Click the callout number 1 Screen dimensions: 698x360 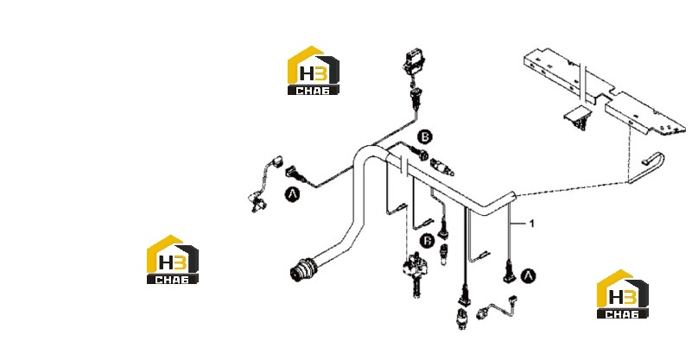[x=531, y=224]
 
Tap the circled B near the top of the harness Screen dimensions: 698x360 [x=425, y=136]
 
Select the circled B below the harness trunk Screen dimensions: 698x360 [x=428, y=241]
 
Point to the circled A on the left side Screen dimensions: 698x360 [x=292, y=194]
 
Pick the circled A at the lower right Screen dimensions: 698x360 [x=528, y=276]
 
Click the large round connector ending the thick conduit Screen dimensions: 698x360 [x=302, y=268]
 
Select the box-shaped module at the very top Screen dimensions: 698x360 [x=413, y=61]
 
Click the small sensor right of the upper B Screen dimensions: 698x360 [x=442, y=167]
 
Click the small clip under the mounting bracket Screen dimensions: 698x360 [x=578, y=118]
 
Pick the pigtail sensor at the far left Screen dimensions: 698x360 [x=264, y=183]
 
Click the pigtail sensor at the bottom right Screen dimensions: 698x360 [x=497, y=307]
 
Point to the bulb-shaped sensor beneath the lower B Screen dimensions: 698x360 [x=443, y=255]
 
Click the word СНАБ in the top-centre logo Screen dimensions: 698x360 [x=313, y=91]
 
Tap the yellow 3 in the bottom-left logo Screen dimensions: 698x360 [x=179, y=263]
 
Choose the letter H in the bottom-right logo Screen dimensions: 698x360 [x=616, y=298]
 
